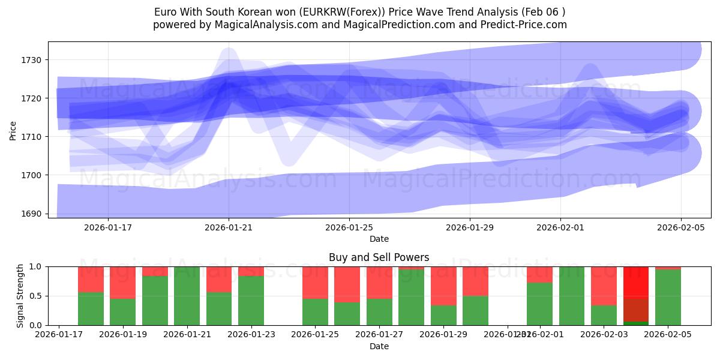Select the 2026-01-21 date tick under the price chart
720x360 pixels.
point(229,227)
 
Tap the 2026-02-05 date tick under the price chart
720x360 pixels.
point(681,227)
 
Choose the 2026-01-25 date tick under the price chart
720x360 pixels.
point(349,227)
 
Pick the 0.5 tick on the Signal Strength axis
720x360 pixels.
point(36,296)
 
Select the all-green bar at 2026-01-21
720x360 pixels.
point(187,296)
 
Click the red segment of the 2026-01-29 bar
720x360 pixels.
point(443,286)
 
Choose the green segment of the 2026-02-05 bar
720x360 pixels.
point(668,298)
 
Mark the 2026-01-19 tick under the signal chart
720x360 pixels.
point(123,334)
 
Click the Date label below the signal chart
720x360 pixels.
point(379,346)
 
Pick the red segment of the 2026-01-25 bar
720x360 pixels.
point(315,282)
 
